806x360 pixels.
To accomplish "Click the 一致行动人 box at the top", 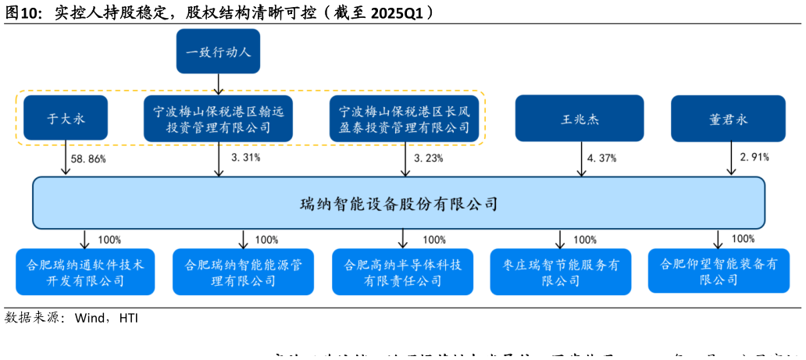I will point(218,52).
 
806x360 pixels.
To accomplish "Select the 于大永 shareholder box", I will point(65,119).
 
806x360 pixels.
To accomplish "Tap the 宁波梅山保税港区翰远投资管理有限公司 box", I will point(218,119).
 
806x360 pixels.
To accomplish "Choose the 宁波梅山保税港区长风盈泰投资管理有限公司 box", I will point(405,119).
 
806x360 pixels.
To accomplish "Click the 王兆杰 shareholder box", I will point(579,119).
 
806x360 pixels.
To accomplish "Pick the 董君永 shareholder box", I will point(717,119).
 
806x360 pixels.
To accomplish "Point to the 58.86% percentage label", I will point(87,159).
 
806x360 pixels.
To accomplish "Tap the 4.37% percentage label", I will point(601,158).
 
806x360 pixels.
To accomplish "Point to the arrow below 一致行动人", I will point(218,83).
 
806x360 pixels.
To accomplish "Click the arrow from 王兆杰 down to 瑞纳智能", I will point(580,161).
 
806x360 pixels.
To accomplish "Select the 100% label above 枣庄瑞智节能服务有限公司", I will point(585,240).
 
